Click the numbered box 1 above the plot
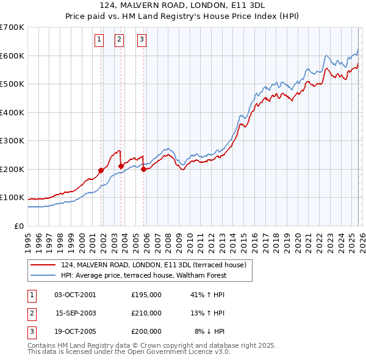coord(99,40)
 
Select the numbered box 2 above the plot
coord(119,40)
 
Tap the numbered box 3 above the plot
coord(142,40)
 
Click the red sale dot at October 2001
coord(101,171)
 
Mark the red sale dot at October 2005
coord(144,170)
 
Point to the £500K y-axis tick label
coord(12,84)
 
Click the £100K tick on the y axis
coord(12,198)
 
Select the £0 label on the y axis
coord(20,226)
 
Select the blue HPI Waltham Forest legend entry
coord(144,275)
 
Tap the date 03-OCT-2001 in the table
coord(75,295)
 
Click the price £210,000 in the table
coord(146,313)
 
